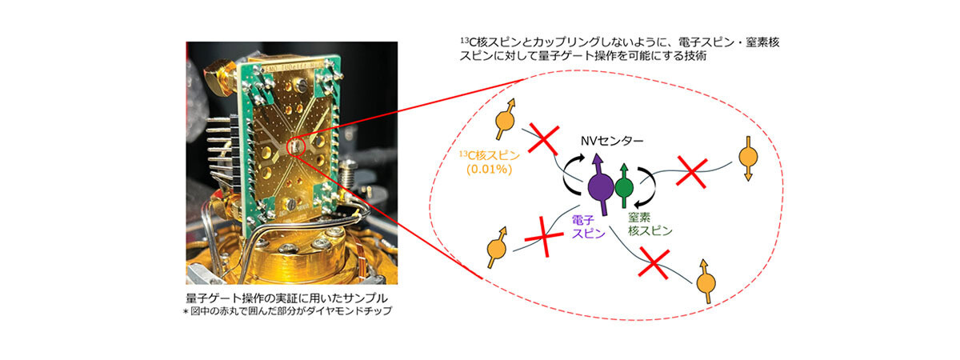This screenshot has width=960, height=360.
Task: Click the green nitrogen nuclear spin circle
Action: pos(624,188)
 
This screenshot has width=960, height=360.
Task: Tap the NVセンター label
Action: pos(612,141)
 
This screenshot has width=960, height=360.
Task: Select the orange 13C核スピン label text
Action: pos(490,155)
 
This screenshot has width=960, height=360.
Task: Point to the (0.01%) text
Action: pos(490,170)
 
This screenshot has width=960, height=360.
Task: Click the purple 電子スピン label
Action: pos(589,226)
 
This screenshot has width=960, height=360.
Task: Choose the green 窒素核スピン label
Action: pos(650,224)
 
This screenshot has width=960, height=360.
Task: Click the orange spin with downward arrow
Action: pos(748,158)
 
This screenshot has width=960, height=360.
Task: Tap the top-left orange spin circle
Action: pos(505,122)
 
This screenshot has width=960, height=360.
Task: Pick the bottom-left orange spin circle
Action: pos(496,249)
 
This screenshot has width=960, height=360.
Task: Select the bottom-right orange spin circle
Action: pos(706,283)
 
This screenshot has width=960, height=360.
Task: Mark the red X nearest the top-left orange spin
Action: pos(543,139)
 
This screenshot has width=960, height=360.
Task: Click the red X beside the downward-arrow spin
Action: pos(691,172)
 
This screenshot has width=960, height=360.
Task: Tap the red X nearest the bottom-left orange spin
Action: pos(544,236)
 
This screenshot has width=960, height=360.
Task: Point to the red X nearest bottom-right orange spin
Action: pos(654,263)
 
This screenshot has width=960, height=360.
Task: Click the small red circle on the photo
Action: pos(296,146)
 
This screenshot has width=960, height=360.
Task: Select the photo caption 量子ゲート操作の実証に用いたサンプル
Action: pos(286,298)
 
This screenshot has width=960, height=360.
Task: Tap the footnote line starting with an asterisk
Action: pos(287,310)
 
